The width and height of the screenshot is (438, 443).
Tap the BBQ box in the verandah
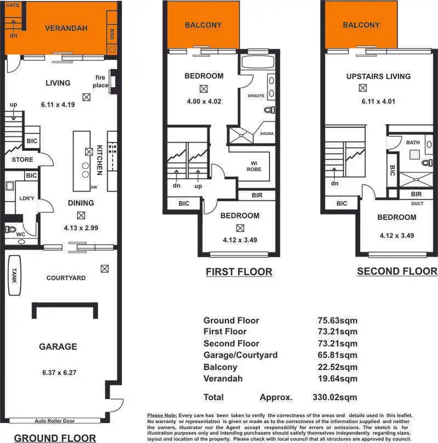[112, 34]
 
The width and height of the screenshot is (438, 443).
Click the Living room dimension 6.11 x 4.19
[58, 105]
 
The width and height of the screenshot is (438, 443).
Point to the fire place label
[101, 81]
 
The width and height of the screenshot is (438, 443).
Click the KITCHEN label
[100, 160]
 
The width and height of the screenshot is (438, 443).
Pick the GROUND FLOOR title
[55, 437]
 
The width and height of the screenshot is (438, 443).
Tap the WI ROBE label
[254, 165]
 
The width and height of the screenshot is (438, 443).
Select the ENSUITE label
[256, 95]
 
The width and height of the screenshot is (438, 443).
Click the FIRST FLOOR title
[239, 272]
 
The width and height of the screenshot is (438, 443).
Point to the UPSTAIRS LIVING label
[378, 76]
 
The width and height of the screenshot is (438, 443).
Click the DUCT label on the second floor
[416, 204]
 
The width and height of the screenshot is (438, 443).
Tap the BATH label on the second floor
[413, 142]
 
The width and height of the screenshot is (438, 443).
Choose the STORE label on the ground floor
[22, 160]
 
